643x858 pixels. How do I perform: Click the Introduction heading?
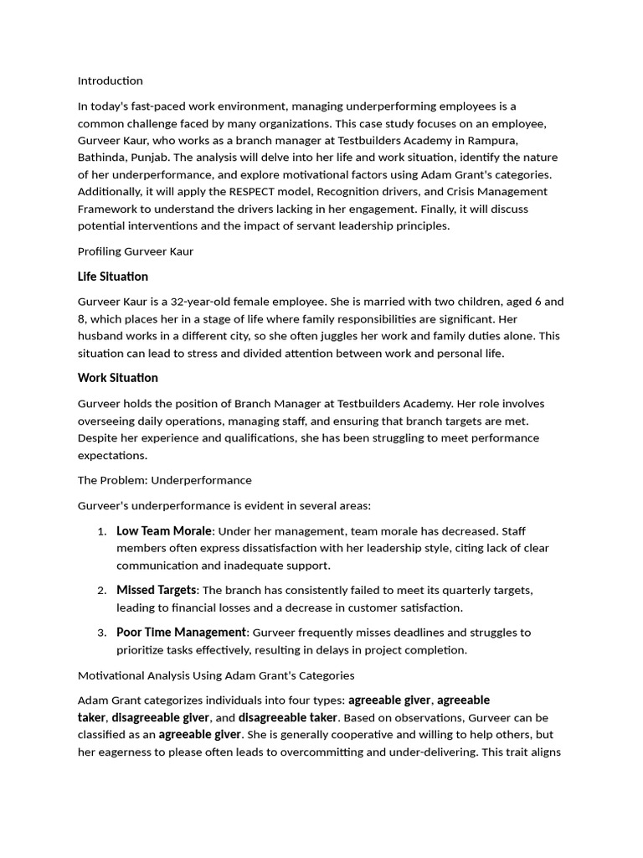coord(110,81)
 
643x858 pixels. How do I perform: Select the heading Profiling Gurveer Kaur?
coord(136,251)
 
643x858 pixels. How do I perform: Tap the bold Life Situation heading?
coord(113,277)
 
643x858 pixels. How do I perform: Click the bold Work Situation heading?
coord(118,378)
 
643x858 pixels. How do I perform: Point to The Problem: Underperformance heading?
coord(164,480)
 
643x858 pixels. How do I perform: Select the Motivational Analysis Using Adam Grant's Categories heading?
coord(216,675)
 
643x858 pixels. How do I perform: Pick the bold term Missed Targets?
coord(157,591)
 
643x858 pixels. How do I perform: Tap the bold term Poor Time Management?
coord(181,633)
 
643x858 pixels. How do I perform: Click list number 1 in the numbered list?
coord(100,531)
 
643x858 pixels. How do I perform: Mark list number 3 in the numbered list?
coord(100,633)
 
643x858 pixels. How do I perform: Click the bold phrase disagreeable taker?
coord(288,718)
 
